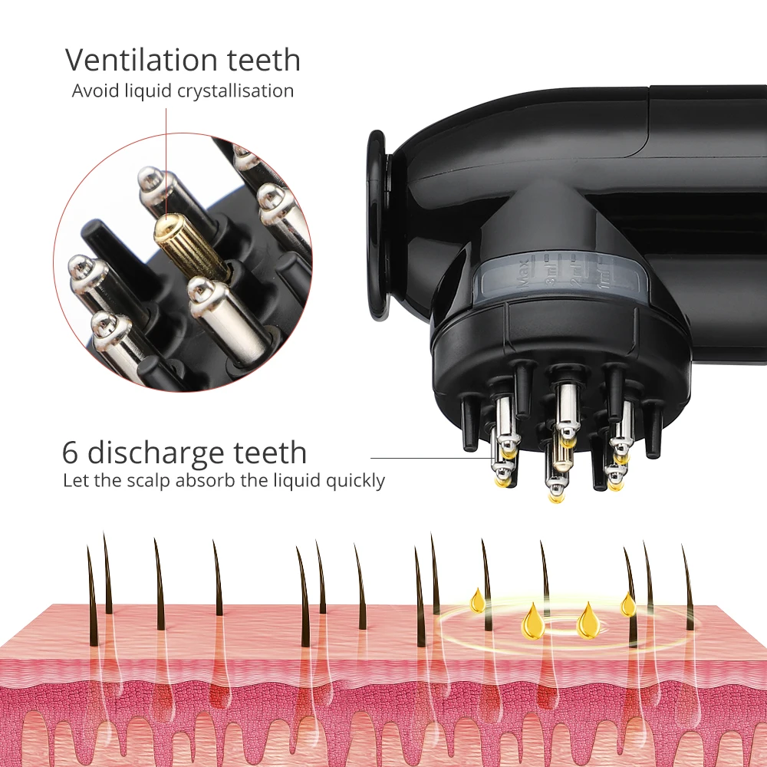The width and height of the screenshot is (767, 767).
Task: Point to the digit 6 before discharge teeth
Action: tap(71, 453)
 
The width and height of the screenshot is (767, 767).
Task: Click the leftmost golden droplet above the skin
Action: tap(478, 601)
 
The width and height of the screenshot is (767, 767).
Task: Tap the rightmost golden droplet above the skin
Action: tap(628, 604)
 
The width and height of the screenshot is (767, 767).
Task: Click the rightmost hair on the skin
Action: tap(688, 587)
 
